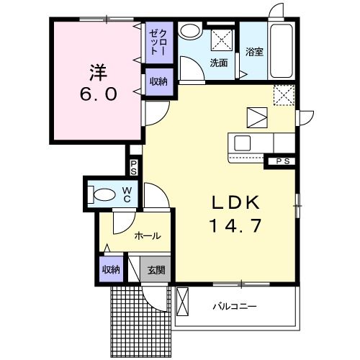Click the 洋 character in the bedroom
pyautogui.click(x=99, y=73)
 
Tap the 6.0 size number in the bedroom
pyautogui.click(x=99, y=94)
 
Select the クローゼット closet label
pyautogui.click(x=158, y=42)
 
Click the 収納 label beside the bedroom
pyautogui.click(x=158, y=82)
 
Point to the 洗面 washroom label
pyautogui.click(x=219, y=63)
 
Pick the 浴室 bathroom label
pyautogui.click(x=254, y=52)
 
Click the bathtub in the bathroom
pyautogui.click(x=282, y=50)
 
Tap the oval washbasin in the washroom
pyautogui.click(x=191, y=32)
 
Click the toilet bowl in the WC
pyautogui.click(x=104, y=194)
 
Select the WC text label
pyautogui.click(x=127, y=195)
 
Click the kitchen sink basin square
pyautogui.click(x=243, y=143)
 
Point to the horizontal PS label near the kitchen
pyautogui.click(x=283, y=161)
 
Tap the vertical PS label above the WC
pyautogui.click(x=133, y=168)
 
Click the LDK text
pyautogui.click(x=235, y=203)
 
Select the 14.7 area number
pyautogui.click(x=235, y=226)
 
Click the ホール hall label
pyautogui.click(x=148, y=236)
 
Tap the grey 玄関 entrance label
pyautogui.click(x=156, y=270)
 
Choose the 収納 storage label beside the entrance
pyautogui.click(x=111, y=270)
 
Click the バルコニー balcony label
pyautogui.click(x=235, y=307)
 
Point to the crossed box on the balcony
pyautogui.click(x=182, y=302)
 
